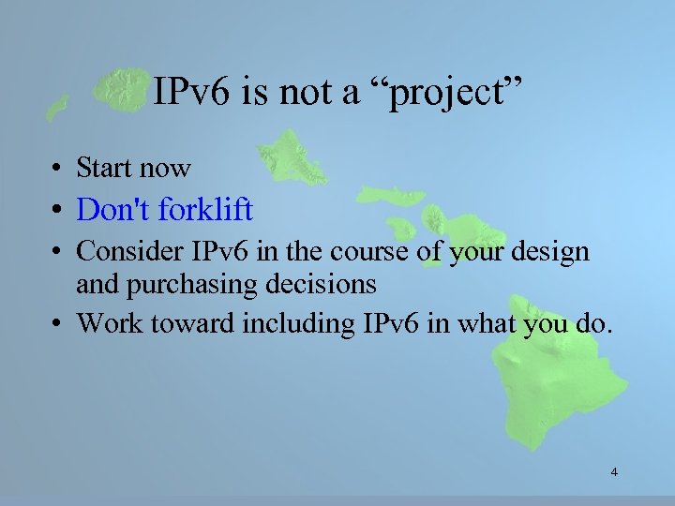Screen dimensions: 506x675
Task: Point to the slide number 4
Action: point(614,472)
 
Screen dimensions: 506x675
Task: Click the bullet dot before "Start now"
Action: point(58,170)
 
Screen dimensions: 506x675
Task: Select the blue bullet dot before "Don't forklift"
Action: point(58,211)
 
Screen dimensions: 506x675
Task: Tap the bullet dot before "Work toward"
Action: point(58,323)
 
